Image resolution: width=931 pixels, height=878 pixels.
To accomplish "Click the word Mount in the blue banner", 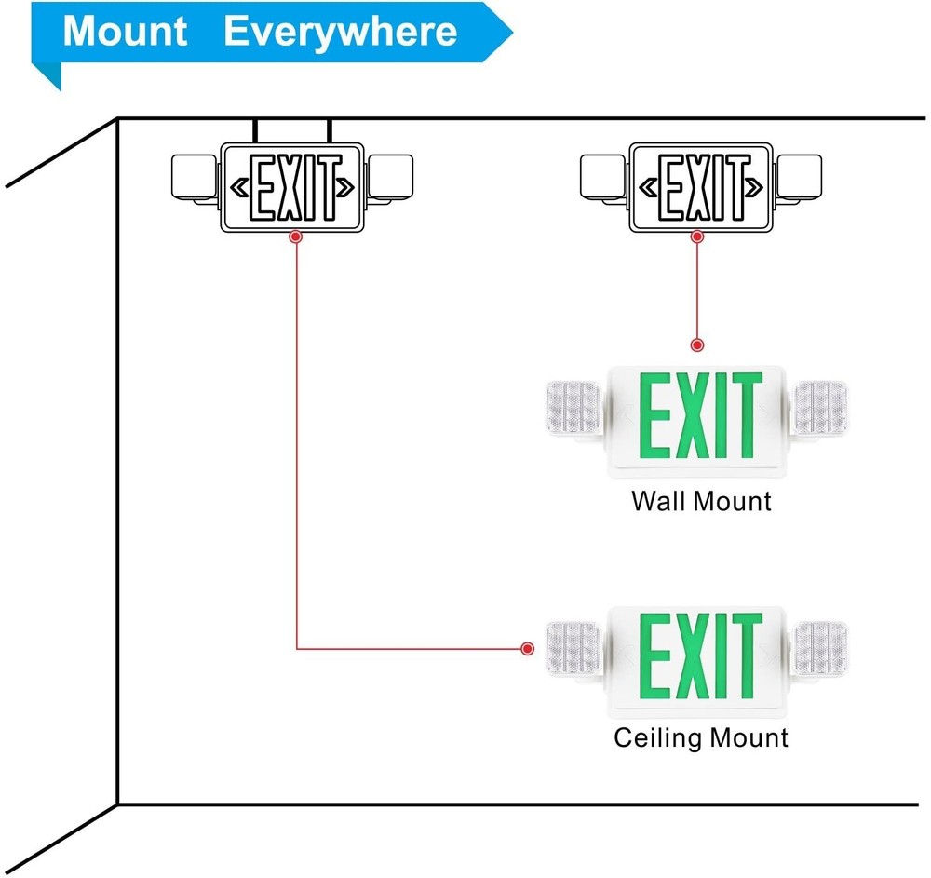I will click(125, 31).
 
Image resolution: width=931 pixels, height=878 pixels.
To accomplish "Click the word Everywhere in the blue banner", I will click(341, 31).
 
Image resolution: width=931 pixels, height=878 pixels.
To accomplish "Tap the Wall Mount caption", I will click(701, 501).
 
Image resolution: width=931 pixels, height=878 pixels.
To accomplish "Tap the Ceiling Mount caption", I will click(701, 738).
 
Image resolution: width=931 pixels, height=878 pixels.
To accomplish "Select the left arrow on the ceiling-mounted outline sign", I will click(239, 187).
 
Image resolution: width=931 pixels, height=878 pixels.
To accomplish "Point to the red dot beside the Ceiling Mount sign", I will click(528, 648).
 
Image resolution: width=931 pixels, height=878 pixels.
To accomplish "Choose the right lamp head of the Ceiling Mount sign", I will click(819, 648).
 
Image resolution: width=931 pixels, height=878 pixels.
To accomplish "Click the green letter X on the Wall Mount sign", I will click(695, 417).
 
